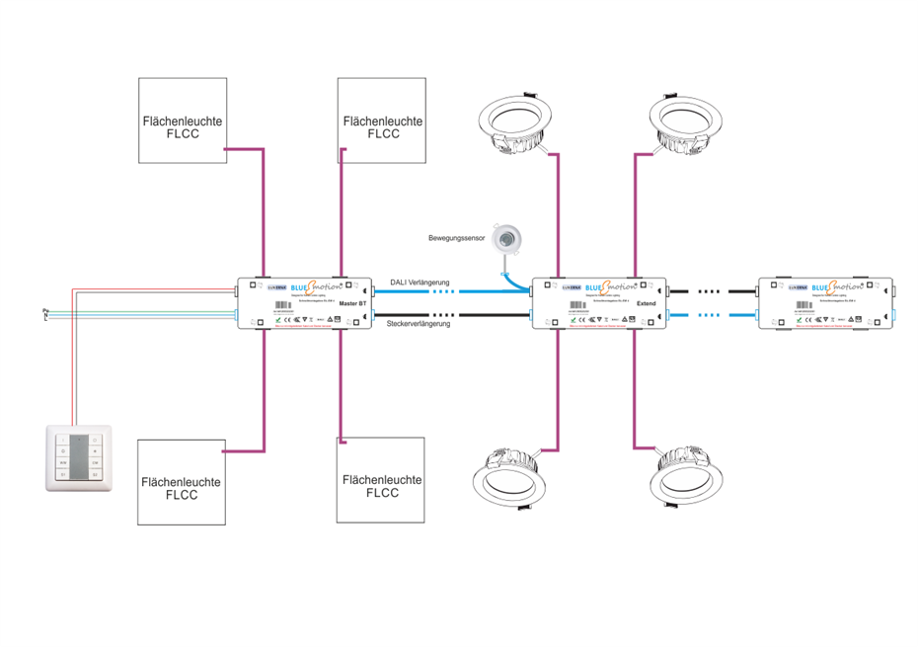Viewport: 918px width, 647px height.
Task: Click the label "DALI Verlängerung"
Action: click(420, 281)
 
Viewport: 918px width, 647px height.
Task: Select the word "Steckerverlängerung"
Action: click(419, 324)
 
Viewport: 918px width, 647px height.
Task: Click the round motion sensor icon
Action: click(508, 238)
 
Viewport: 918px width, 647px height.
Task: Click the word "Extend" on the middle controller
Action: click(647, 303)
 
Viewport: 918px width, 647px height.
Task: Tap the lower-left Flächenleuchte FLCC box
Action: click(182, 481)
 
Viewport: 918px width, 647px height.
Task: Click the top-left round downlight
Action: click(512, 123)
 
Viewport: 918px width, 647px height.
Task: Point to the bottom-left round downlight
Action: click(510, 480)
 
